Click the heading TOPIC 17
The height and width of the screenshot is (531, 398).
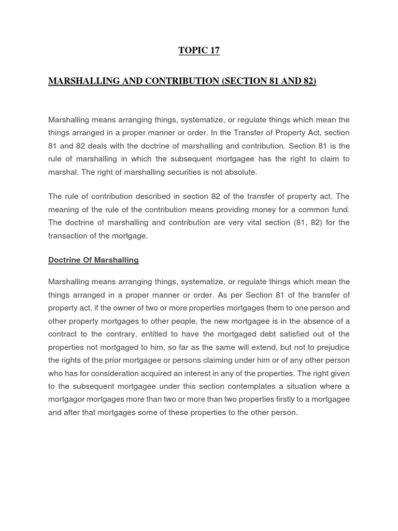(199, 50)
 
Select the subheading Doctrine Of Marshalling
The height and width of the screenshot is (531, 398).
(93, 260)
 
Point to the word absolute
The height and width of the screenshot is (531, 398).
(241, 172)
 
